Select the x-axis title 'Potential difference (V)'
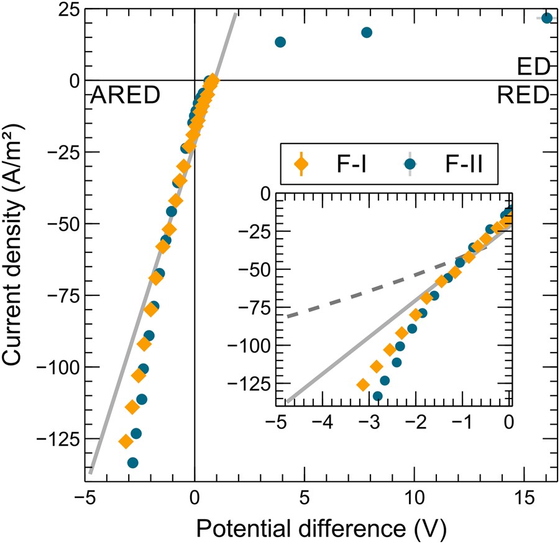318,527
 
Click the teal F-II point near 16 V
547,18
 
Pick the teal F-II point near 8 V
367,32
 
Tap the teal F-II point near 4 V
280,42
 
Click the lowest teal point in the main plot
132,463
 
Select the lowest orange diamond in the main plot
126,441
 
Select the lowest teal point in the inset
377,396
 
